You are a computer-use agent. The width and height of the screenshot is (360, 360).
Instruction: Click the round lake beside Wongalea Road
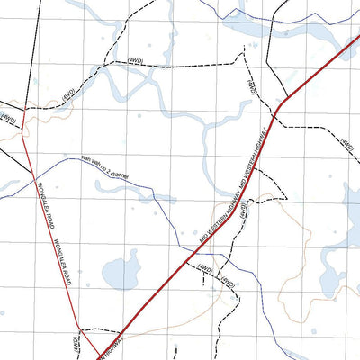(120, 269)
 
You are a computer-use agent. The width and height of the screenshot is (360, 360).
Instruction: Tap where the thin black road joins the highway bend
(281, 104)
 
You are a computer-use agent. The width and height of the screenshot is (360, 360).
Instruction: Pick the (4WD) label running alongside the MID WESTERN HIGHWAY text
(247, 211)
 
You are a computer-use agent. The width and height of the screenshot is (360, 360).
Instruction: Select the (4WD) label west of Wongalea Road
(9, 118)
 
